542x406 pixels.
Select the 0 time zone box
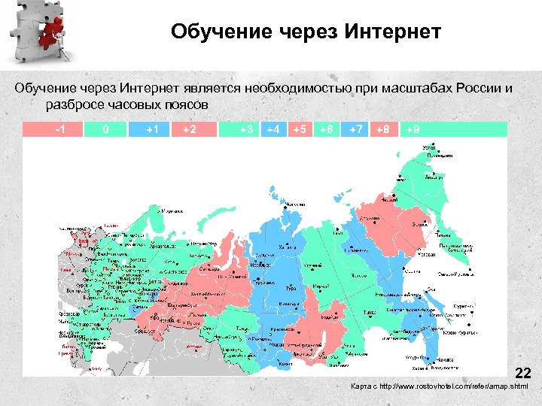tap(105, 129)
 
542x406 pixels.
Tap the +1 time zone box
tap(152, 129)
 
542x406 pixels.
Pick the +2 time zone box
tap(190, 129)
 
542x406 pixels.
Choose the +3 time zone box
tap(245, 129)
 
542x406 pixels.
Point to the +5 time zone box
tap(299, 129)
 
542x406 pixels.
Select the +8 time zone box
tap(382, 129)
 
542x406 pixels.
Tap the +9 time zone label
tap(413, 129)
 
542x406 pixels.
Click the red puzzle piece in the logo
tap(52, 30)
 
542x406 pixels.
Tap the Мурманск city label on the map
tap(174, 211)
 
